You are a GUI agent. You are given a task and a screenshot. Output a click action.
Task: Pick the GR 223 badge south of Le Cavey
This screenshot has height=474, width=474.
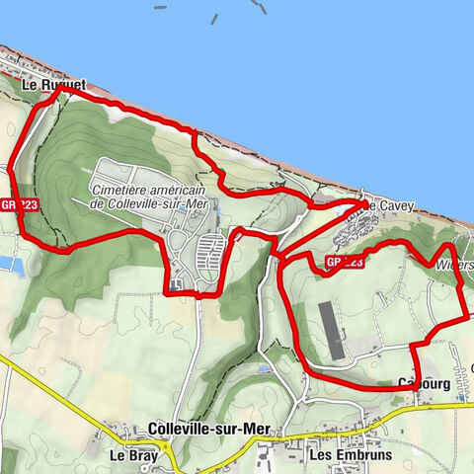click(346, 263)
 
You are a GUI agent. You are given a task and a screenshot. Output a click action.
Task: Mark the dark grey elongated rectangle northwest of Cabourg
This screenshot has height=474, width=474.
click(333, 331)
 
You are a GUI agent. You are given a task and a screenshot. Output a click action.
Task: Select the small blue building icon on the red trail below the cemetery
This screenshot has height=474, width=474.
click(175, 286)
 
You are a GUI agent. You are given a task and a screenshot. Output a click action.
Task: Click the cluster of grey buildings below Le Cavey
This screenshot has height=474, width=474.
click(353, 232)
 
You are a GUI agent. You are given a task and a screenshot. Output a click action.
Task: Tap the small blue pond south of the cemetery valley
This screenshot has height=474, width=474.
click(262, 369)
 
